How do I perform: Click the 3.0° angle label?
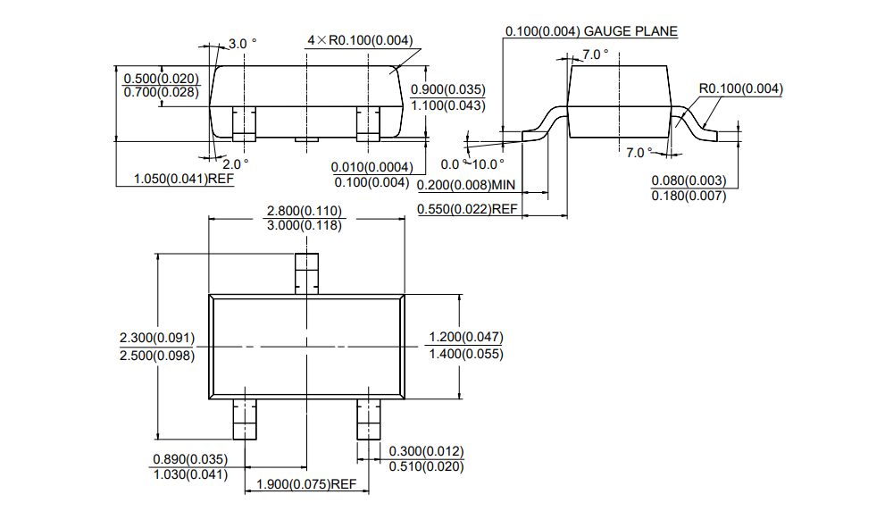(242, 43)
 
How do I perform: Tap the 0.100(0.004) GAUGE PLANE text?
(591, 31)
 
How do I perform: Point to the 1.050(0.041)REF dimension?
(183, 179)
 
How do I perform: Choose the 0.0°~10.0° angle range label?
(472, 163)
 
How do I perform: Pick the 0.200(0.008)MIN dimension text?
(467, 185)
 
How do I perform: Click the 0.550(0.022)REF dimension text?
(467, 209)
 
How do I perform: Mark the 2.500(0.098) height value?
(156, 355)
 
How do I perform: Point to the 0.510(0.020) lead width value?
(426, 465)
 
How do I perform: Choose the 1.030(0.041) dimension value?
(190, 474)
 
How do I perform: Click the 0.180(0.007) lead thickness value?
(689, 196)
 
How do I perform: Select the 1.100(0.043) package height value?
(447, 105)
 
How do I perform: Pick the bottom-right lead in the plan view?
(368, 419)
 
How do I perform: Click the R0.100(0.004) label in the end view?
(740, 88)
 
